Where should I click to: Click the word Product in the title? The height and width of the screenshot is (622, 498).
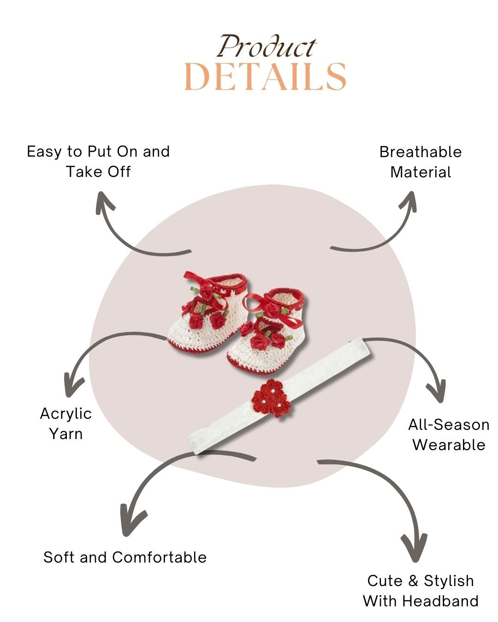point(267,47)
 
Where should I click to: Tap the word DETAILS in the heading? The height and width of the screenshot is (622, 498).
point(265,76)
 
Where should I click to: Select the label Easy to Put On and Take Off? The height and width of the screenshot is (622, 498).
point(98,161)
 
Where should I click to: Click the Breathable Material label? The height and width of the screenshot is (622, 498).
point(421,162)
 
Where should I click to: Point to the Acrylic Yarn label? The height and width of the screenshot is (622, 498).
point(66,423)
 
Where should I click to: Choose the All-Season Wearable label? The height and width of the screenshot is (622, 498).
point(449,434)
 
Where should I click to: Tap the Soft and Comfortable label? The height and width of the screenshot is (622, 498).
point(125,557)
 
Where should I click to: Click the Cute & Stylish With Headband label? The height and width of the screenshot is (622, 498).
point(421,591)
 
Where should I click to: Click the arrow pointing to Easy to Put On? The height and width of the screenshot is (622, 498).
point(125,235)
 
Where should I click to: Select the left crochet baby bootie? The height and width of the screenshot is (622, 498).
point(205,313)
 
